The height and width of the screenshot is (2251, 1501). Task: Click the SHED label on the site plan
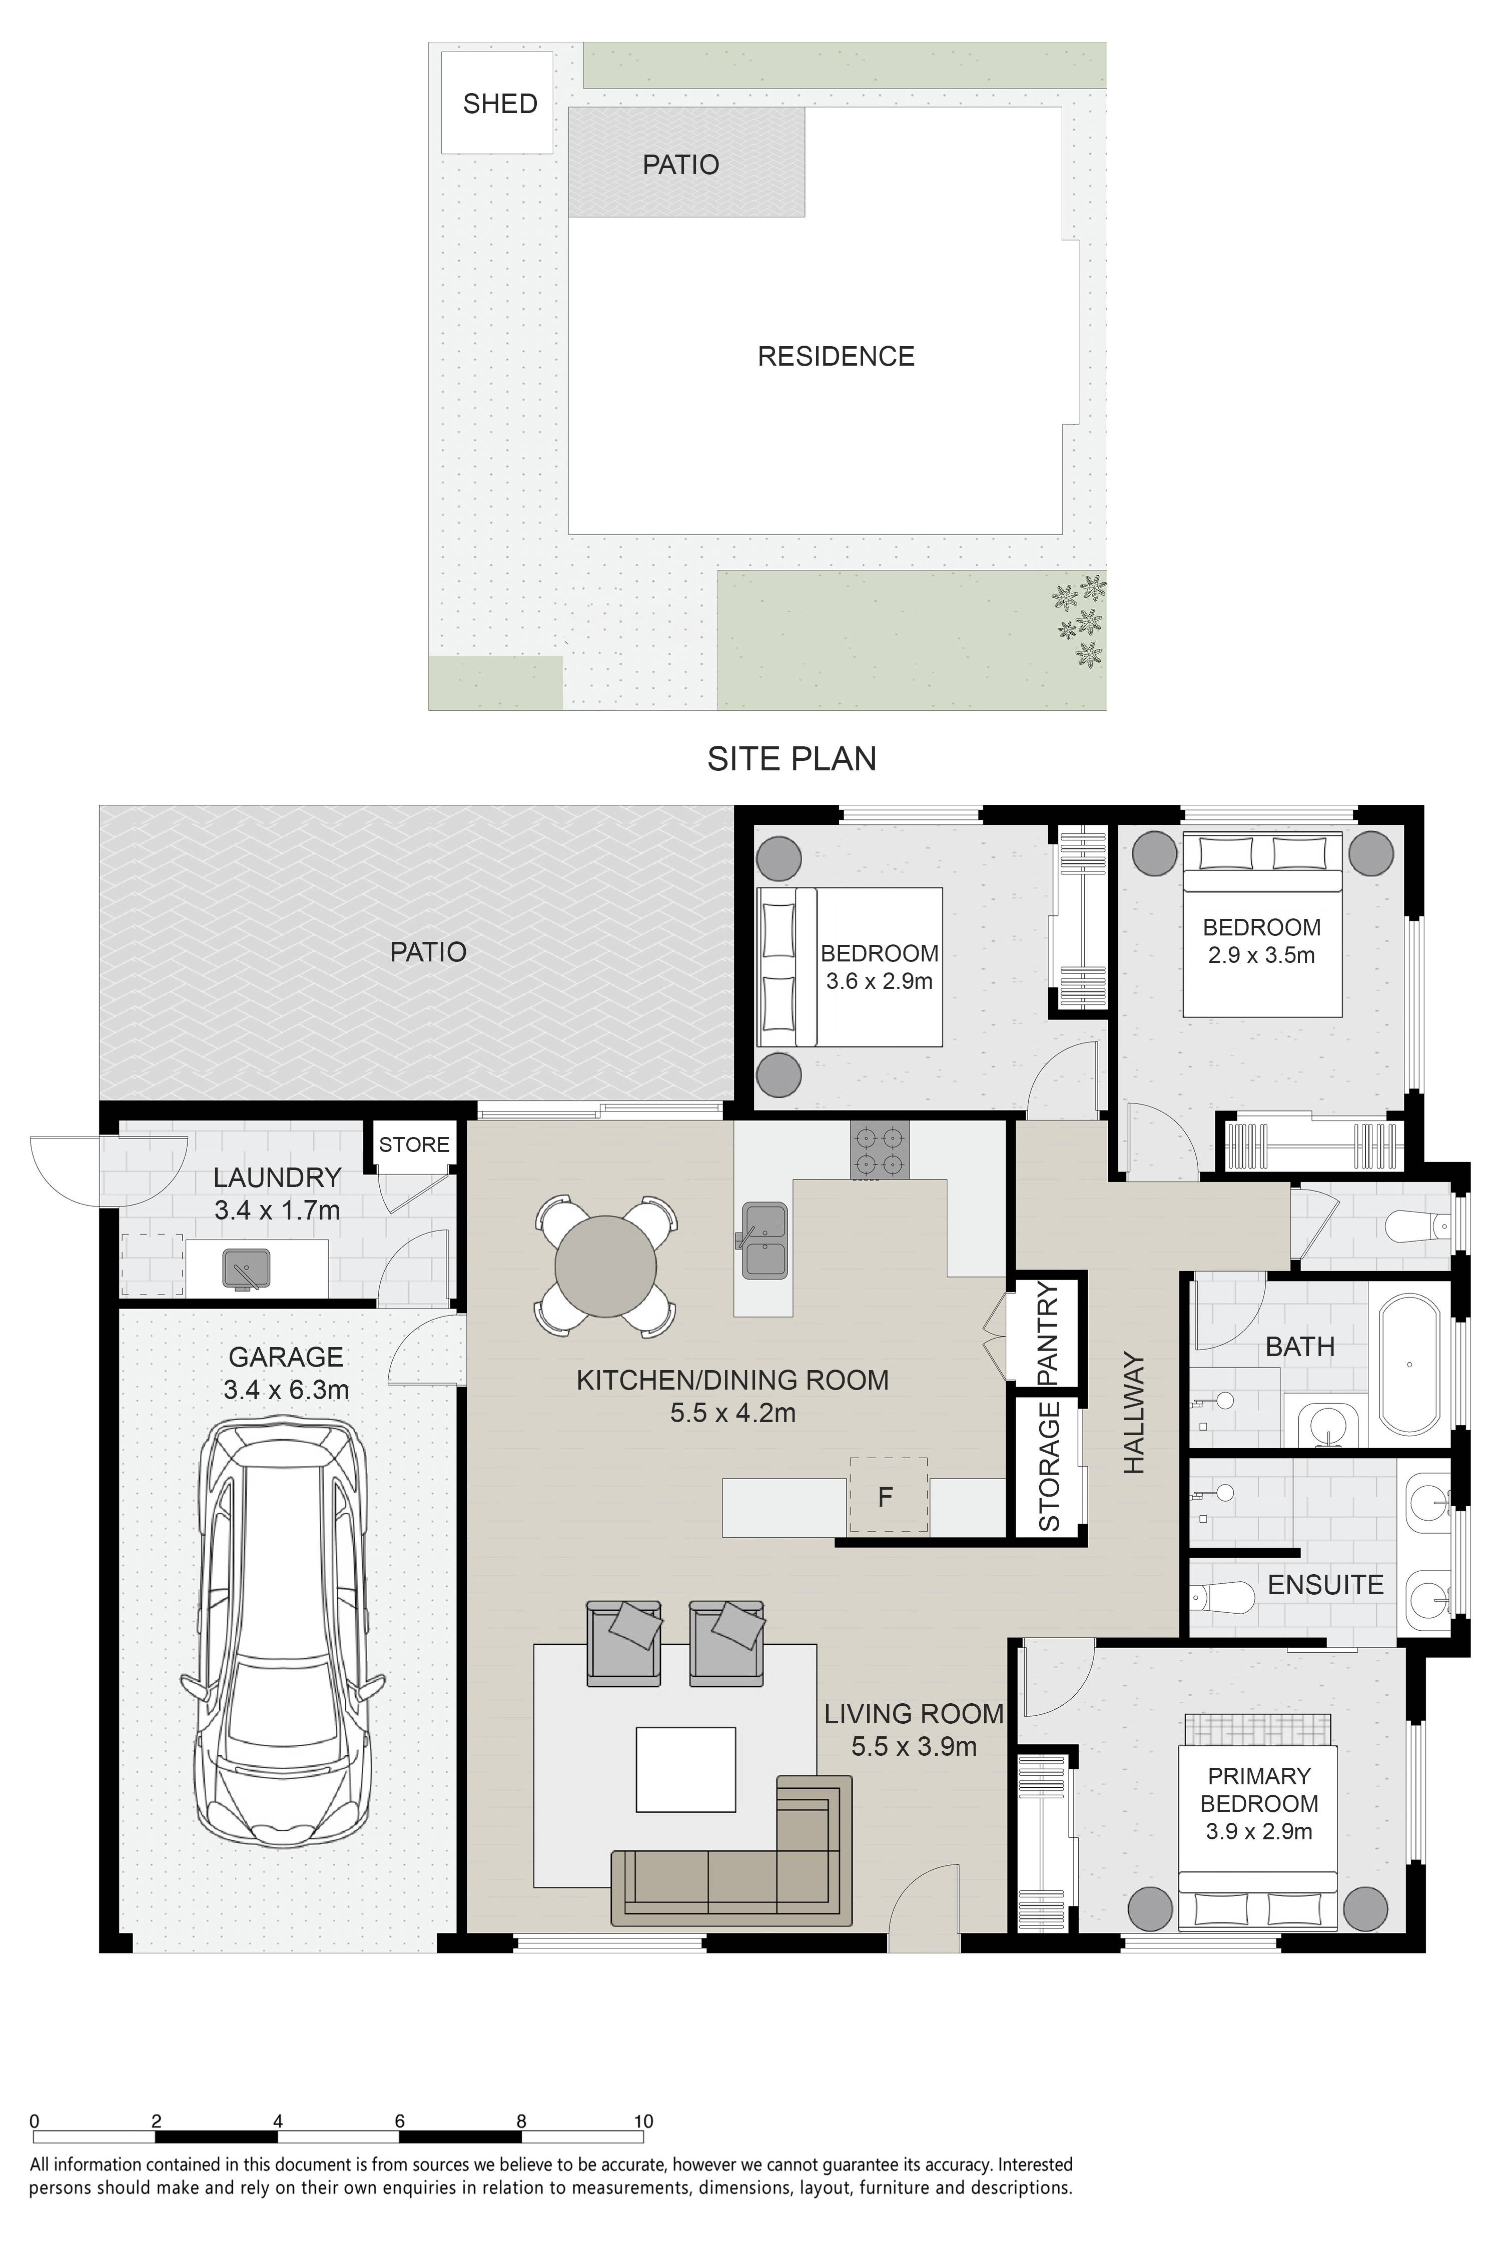[500, 104]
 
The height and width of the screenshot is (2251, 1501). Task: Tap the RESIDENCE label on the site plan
[836, 356]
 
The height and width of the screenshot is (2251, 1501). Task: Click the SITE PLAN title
[792, 758]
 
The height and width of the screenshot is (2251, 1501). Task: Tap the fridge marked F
[888, 1495]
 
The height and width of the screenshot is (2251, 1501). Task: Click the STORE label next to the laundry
[414, 1145]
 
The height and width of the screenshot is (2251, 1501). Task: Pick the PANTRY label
[1048, 1333]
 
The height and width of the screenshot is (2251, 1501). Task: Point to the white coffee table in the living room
[685, 1770]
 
